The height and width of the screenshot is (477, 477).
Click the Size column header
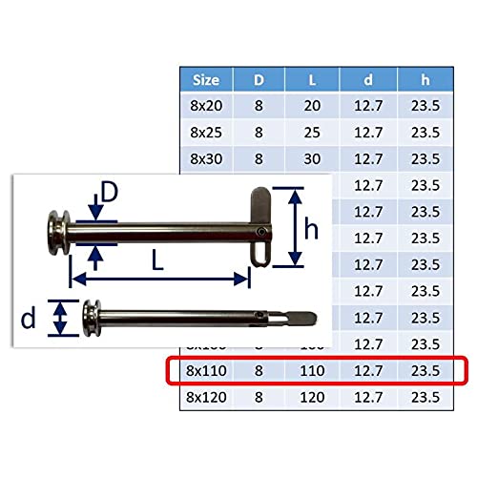pyautogui.click(x=206, y=80)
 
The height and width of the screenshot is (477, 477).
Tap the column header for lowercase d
pyautogui.click(x=368, y=80)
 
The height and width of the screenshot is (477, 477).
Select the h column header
pyautogui.click(x=425, y=80)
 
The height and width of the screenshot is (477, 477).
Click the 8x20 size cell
pyautogui.click(x=206, y=106)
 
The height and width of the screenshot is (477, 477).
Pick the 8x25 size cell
pyautogui.click(x=206, y=133)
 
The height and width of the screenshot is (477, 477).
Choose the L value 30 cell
pyautogui.click(x=312, y=158)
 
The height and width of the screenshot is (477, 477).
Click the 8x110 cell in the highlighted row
pyautogui.click(x=206, y=370)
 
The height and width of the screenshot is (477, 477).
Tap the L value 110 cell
pyautogui.click(x=312, y=370)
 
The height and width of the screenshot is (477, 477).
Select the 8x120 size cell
pyautogui.click(x=206, y=397)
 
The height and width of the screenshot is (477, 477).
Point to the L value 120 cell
pyautogui.click(x=312, y=397)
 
